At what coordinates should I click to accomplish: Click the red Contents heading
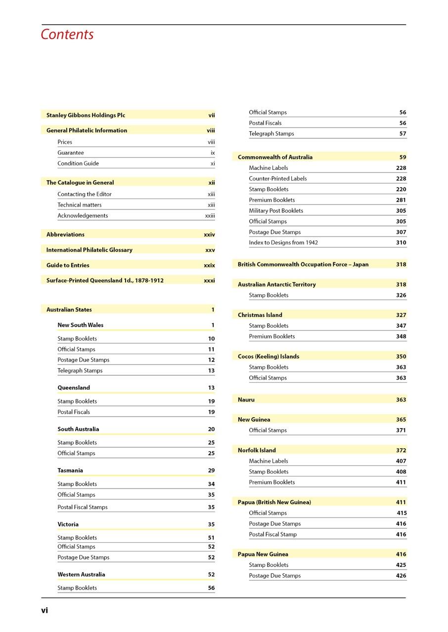pos(67,35)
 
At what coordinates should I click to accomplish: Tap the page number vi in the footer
pos(45,610)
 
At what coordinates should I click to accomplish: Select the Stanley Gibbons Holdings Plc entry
pos(86,116)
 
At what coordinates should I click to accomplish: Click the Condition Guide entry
pos(78,163)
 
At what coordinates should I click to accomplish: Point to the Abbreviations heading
pos(65,235)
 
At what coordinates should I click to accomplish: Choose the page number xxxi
pos(209,280)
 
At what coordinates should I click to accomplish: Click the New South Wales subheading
pos(81,325)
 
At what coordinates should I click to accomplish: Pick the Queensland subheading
pos(74,388)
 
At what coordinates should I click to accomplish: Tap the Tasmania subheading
pos(70,471)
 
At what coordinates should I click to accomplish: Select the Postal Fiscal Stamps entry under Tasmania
pos(82,507)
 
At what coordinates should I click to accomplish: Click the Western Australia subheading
pos(81,575)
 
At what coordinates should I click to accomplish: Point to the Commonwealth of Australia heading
pos(275,158)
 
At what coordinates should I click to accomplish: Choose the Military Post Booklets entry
pos(276,211)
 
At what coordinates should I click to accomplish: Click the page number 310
pos(401,243)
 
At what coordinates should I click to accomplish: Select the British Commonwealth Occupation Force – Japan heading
pos(303,265)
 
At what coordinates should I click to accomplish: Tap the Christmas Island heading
pos(260,315)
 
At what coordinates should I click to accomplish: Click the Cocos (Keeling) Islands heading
pos(269,356)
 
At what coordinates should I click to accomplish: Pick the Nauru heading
pos(246,400)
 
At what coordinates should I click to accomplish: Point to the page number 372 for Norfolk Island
pos(401,450)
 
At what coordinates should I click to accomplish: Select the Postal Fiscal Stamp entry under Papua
pos(273,535)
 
